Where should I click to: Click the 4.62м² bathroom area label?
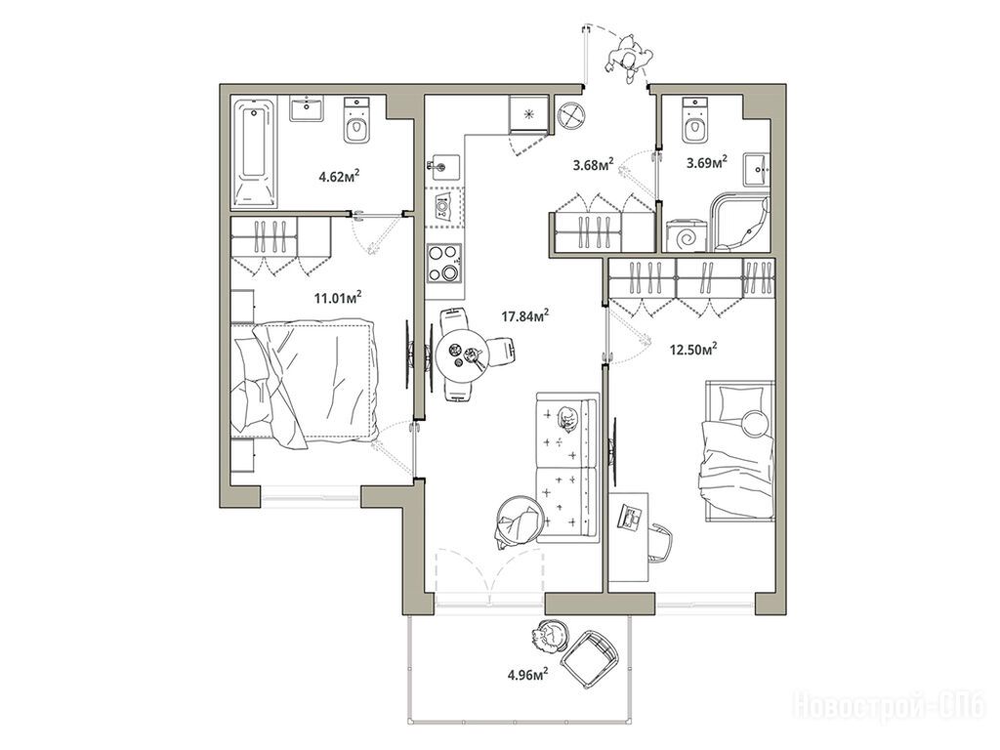pos(339,175)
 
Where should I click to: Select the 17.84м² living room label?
pos(525,315)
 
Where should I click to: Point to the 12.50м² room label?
pos(693,350)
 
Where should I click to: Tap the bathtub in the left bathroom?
pos(255,152)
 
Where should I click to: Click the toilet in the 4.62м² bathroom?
pos(355,119)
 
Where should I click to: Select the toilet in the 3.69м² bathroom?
pos(694,119)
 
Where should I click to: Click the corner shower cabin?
pos(741,223)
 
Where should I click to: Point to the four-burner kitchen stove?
pos(444,264)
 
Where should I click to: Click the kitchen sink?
pos(442,165)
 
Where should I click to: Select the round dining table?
pos(462,354)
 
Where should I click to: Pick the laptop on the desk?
pos(630,517)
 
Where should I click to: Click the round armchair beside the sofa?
pos(520,521)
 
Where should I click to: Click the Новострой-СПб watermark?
pos(889,707)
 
